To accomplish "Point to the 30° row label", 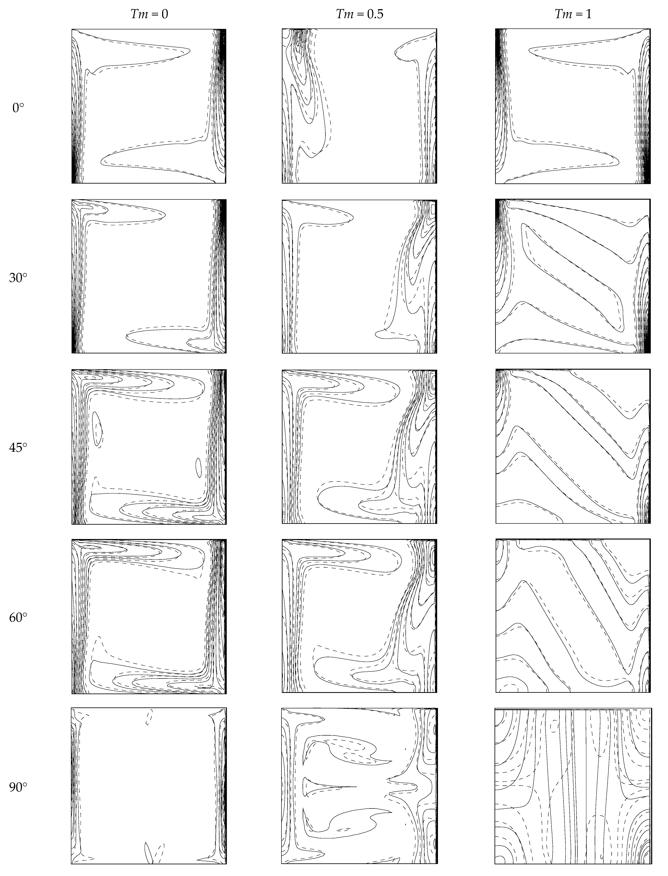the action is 18,278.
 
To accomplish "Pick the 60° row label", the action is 18,618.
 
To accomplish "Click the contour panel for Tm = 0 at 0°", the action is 149,106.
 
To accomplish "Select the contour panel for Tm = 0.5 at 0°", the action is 359,106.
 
